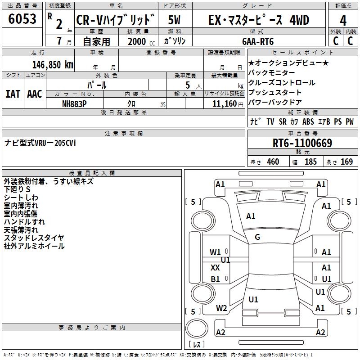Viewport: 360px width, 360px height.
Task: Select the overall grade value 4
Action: [x=343, y=21]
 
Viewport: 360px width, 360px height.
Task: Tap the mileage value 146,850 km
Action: [x=53, y=64]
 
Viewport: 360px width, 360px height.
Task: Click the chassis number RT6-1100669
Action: [x=302, y=144]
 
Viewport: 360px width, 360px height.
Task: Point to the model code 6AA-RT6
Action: [x=258, y=41]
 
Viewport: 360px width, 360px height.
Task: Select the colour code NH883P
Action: [x=74, y=103]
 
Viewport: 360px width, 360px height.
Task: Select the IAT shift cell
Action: [x=13, y=94]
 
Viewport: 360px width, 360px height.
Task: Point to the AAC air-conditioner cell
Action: [x=35, y=94]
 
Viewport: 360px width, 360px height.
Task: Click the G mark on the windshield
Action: [x=257, y=237]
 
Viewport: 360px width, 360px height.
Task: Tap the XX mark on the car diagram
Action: [x=215, y=268]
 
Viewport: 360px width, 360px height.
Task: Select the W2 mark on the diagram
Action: [x=221, y=308]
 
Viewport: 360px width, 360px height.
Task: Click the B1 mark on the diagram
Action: [x=216, y=279]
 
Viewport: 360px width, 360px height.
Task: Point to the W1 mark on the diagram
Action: [x=216, y=252]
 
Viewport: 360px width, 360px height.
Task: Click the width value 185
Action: [x=310, y=162]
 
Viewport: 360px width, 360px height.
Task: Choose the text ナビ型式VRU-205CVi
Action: [x=40, y=143]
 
